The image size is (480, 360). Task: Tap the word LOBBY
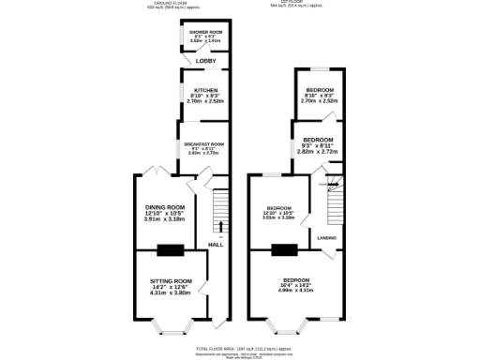pos(205,62)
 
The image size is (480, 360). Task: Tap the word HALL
pos(216,245)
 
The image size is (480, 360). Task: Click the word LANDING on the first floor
pos(327,238)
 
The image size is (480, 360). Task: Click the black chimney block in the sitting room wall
pos(171,250)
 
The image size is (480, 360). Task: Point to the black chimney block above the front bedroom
pos(283,250)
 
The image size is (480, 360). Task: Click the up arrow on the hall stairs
pos(221,225)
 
